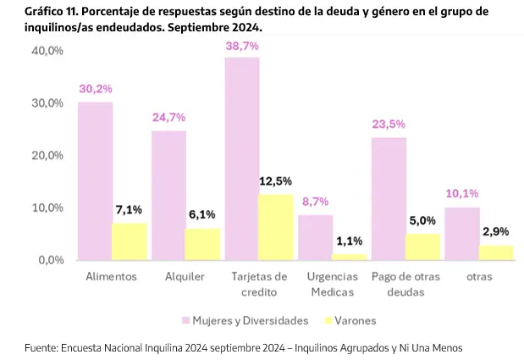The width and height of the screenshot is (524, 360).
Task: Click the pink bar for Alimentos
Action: pyautogui.click(x=96, y=180)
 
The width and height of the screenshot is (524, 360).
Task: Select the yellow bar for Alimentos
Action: pyautogui.click(x=130, y=241)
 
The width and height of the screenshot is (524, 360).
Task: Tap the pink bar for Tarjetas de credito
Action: pyautogui.click(x=242, y=158)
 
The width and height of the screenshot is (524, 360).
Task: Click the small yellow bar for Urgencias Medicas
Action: pyautogui.click(x=350, y=257)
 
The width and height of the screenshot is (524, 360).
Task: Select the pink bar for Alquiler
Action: pyautogui.click(x=168, y=195)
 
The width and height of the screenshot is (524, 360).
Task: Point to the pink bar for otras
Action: pyautogui.click(x=462, y=233)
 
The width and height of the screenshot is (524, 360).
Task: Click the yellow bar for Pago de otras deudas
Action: pyautogui.click(x=422, y=246)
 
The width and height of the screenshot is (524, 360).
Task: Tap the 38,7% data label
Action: pyautogui.click(x=242, y=46)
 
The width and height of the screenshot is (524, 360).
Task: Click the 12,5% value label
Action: pyautogui.click(x=276, y=181)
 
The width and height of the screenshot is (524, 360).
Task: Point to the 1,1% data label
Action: pyautogui.click(x=350, y=241)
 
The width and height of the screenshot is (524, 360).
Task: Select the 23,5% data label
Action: pyautogui.click(x=389, y=124)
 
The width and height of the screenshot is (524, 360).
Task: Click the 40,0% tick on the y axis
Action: pyautogui.click(x=47, y=51)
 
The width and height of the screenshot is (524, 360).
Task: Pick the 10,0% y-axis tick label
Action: pyautogui.click(x=47, y=208)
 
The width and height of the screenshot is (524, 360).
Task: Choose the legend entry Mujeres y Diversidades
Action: pyautogui.click(x=240, y=320)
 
